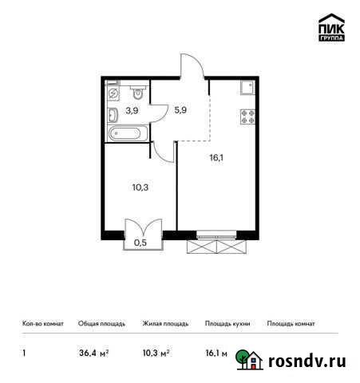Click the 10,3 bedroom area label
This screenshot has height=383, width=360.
140,188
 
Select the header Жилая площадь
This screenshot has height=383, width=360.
165,324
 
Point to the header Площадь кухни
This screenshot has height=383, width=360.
227,324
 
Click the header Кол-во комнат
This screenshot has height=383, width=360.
42,324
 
